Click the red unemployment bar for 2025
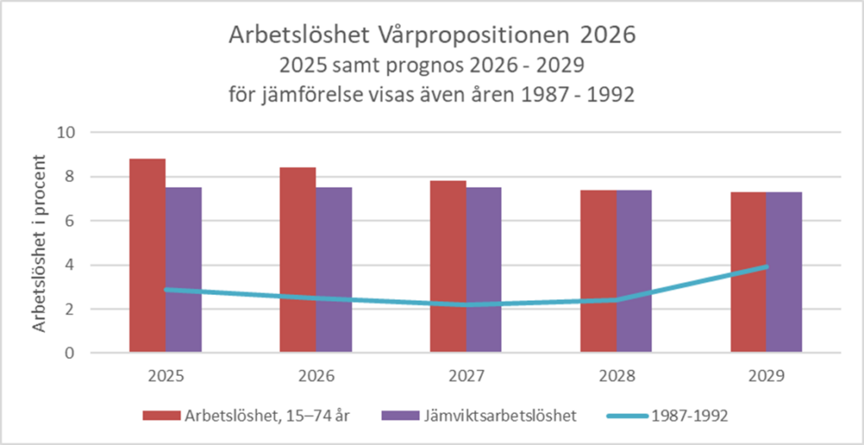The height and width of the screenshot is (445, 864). (x=147, y=253)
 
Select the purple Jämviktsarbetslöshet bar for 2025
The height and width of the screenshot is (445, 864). (x=183, y=270)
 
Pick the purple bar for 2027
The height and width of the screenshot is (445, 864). (x=484, y=270)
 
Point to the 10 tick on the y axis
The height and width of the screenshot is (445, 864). (x=67, y=133)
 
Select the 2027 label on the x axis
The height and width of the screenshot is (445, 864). (x=467, y=375)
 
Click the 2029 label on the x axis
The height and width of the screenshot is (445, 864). (x=767, y=375)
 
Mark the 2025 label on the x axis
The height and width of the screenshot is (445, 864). (x=165, y=375)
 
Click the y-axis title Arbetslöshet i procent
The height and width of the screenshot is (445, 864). (x=39, y=243)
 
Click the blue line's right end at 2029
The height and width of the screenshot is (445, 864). (x=766, y=266)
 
